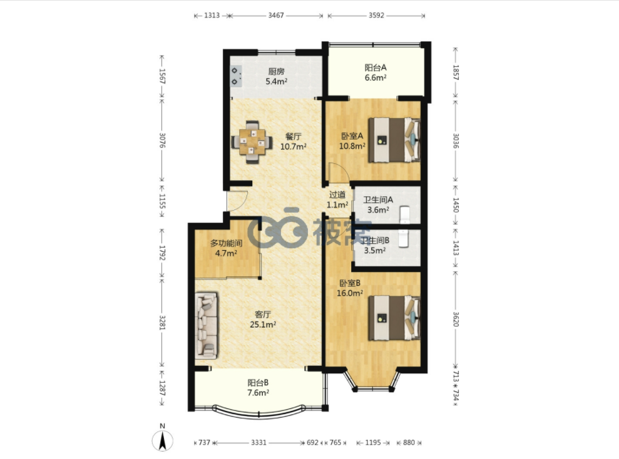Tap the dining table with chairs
coord(252,142)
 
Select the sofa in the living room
coord(206,325)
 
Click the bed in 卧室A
coord(394,140)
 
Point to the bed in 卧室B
coord(394,318)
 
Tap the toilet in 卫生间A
coord(406,214)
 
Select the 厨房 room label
coord(276,71)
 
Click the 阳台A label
coord(376,68)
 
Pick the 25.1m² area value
coord(263,325)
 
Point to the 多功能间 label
coord(226,243)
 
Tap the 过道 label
coord(337,194)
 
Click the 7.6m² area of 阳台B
coord(258,392)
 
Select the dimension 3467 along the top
coord(276,16)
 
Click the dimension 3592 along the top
coord(376,16)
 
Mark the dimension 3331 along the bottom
coord(259,443)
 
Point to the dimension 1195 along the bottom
coord(372,443)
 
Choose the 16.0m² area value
coord(350,293)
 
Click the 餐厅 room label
coord(294,136)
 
